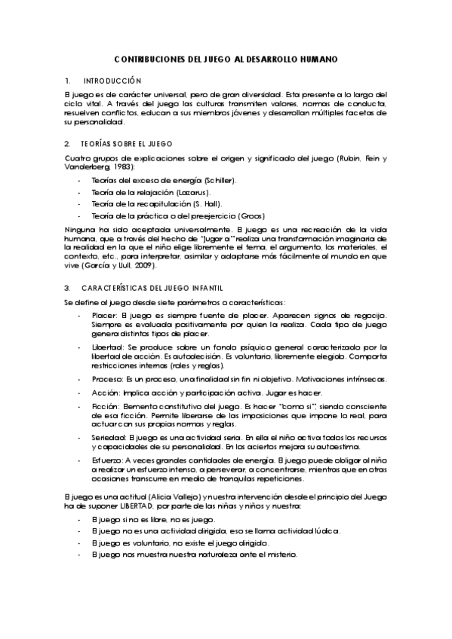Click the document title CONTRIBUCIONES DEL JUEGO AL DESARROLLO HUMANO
click(226, 59)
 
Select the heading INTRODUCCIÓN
click(112, 80)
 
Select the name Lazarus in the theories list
click(192, 193)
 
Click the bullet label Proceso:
click(106, 380)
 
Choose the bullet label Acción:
click(105, 393)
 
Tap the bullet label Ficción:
click(105, 406)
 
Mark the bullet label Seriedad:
click(108, 438)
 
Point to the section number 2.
click(67, 143)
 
